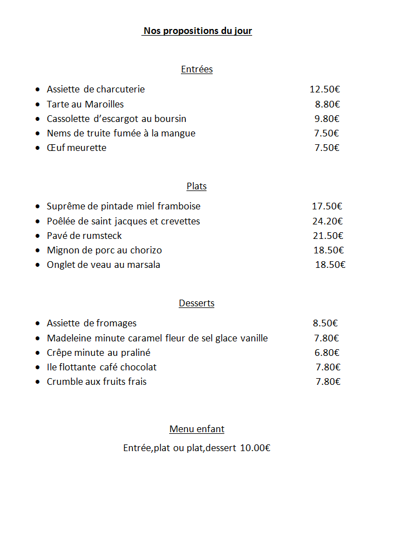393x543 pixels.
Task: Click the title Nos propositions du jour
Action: point(198,31)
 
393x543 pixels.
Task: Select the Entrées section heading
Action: point(196,70)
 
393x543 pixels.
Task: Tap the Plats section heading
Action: point(196,187)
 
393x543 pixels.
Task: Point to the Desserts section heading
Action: point(196,304)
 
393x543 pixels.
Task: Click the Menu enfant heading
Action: point(196,429)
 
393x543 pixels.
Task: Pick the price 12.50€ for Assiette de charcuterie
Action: point(325,89)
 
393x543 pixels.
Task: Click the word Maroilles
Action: point(104,104)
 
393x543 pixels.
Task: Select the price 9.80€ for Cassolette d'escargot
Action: point(327,119)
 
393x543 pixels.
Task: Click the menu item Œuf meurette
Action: point(76,148)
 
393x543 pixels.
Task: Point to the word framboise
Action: point(179,207)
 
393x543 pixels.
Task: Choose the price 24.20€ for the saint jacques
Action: point(327,221)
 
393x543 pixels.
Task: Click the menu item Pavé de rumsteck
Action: point(84,236)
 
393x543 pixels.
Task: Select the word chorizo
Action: point(144,251)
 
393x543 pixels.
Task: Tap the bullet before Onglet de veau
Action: point(37,265)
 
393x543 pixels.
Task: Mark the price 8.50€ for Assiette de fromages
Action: point(325,324)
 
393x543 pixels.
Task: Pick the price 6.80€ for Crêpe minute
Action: point(327,353)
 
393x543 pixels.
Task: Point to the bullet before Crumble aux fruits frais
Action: point(37,382)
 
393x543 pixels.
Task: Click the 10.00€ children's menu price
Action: point(255,448)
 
